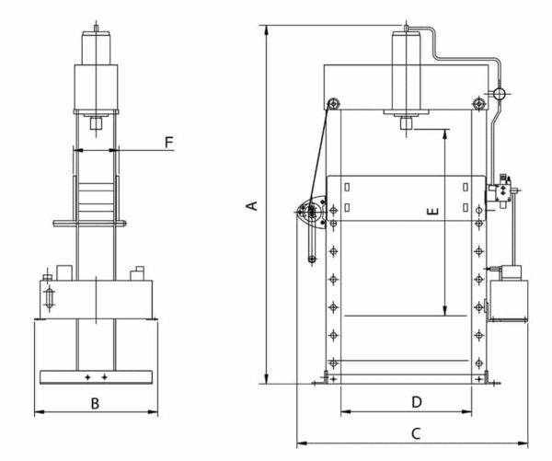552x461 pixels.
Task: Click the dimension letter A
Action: [x=251, y=205]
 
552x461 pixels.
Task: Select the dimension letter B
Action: [x=95, y=403]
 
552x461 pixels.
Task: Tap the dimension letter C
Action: [x=416, y=432]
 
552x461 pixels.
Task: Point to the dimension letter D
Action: [x=416, y=402]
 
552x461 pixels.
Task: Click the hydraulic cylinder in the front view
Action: [x=407, y=74]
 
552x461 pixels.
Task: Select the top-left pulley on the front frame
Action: [x=333, y=103]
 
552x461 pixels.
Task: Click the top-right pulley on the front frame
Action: [x=477, y=103]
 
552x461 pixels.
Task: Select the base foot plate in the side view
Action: [x=96, y=376]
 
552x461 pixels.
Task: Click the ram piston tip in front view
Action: [x=406, y=123]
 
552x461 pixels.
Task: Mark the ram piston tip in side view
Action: [x=96, y=123]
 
